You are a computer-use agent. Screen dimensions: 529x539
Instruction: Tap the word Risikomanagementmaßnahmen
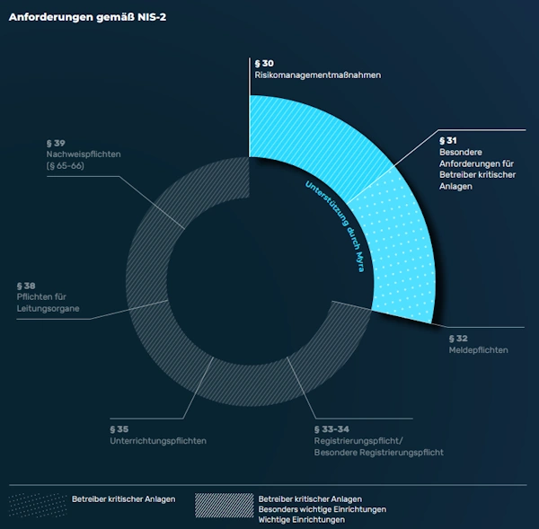[318, 75]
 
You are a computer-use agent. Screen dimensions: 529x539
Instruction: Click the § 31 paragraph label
[448, 140]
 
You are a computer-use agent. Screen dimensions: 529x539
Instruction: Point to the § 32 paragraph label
[457, 338]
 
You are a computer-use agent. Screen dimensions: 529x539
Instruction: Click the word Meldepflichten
[478, 350]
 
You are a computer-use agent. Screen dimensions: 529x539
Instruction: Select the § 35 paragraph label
[119, 429]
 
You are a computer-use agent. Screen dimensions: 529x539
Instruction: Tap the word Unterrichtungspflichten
[158, 441]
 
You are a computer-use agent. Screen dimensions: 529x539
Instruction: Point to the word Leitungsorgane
[48, 309]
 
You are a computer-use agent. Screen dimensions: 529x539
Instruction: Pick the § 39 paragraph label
[55, 143]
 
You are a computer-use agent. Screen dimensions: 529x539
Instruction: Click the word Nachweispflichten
[82, 154]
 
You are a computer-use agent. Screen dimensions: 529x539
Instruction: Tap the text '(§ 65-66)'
[64, 166]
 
